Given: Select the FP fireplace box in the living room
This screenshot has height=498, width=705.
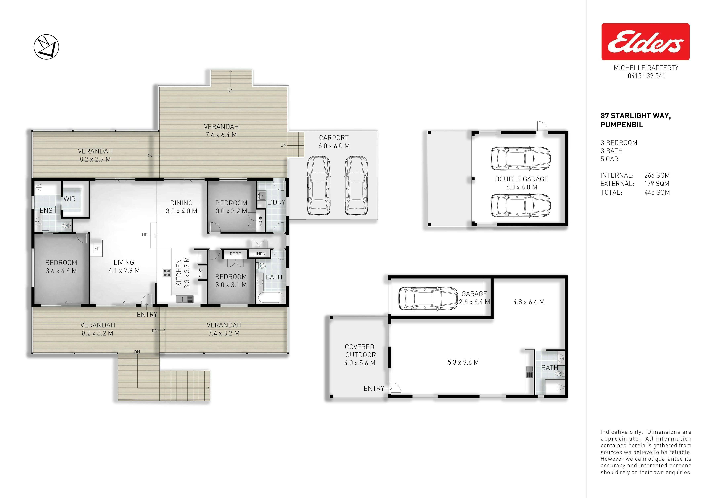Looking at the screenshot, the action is point(97,248).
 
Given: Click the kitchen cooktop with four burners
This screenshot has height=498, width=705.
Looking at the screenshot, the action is point(167,273).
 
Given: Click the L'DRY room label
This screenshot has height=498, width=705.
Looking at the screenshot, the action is point(276,202).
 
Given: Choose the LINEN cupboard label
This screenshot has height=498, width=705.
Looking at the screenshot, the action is point(259,254).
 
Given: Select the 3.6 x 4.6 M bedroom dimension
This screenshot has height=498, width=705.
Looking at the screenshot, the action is point(61,271).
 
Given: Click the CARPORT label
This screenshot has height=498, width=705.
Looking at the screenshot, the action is point(334,138).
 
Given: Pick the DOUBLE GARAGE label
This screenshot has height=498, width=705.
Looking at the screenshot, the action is point(521,179).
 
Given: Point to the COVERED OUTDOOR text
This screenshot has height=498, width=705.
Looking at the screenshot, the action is point(360,351).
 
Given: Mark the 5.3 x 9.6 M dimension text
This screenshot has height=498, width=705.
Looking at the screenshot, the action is point(463,362).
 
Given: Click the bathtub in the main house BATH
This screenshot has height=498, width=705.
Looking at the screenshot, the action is point(271,298).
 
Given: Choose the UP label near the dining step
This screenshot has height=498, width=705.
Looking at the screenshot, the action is point(145,235).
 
